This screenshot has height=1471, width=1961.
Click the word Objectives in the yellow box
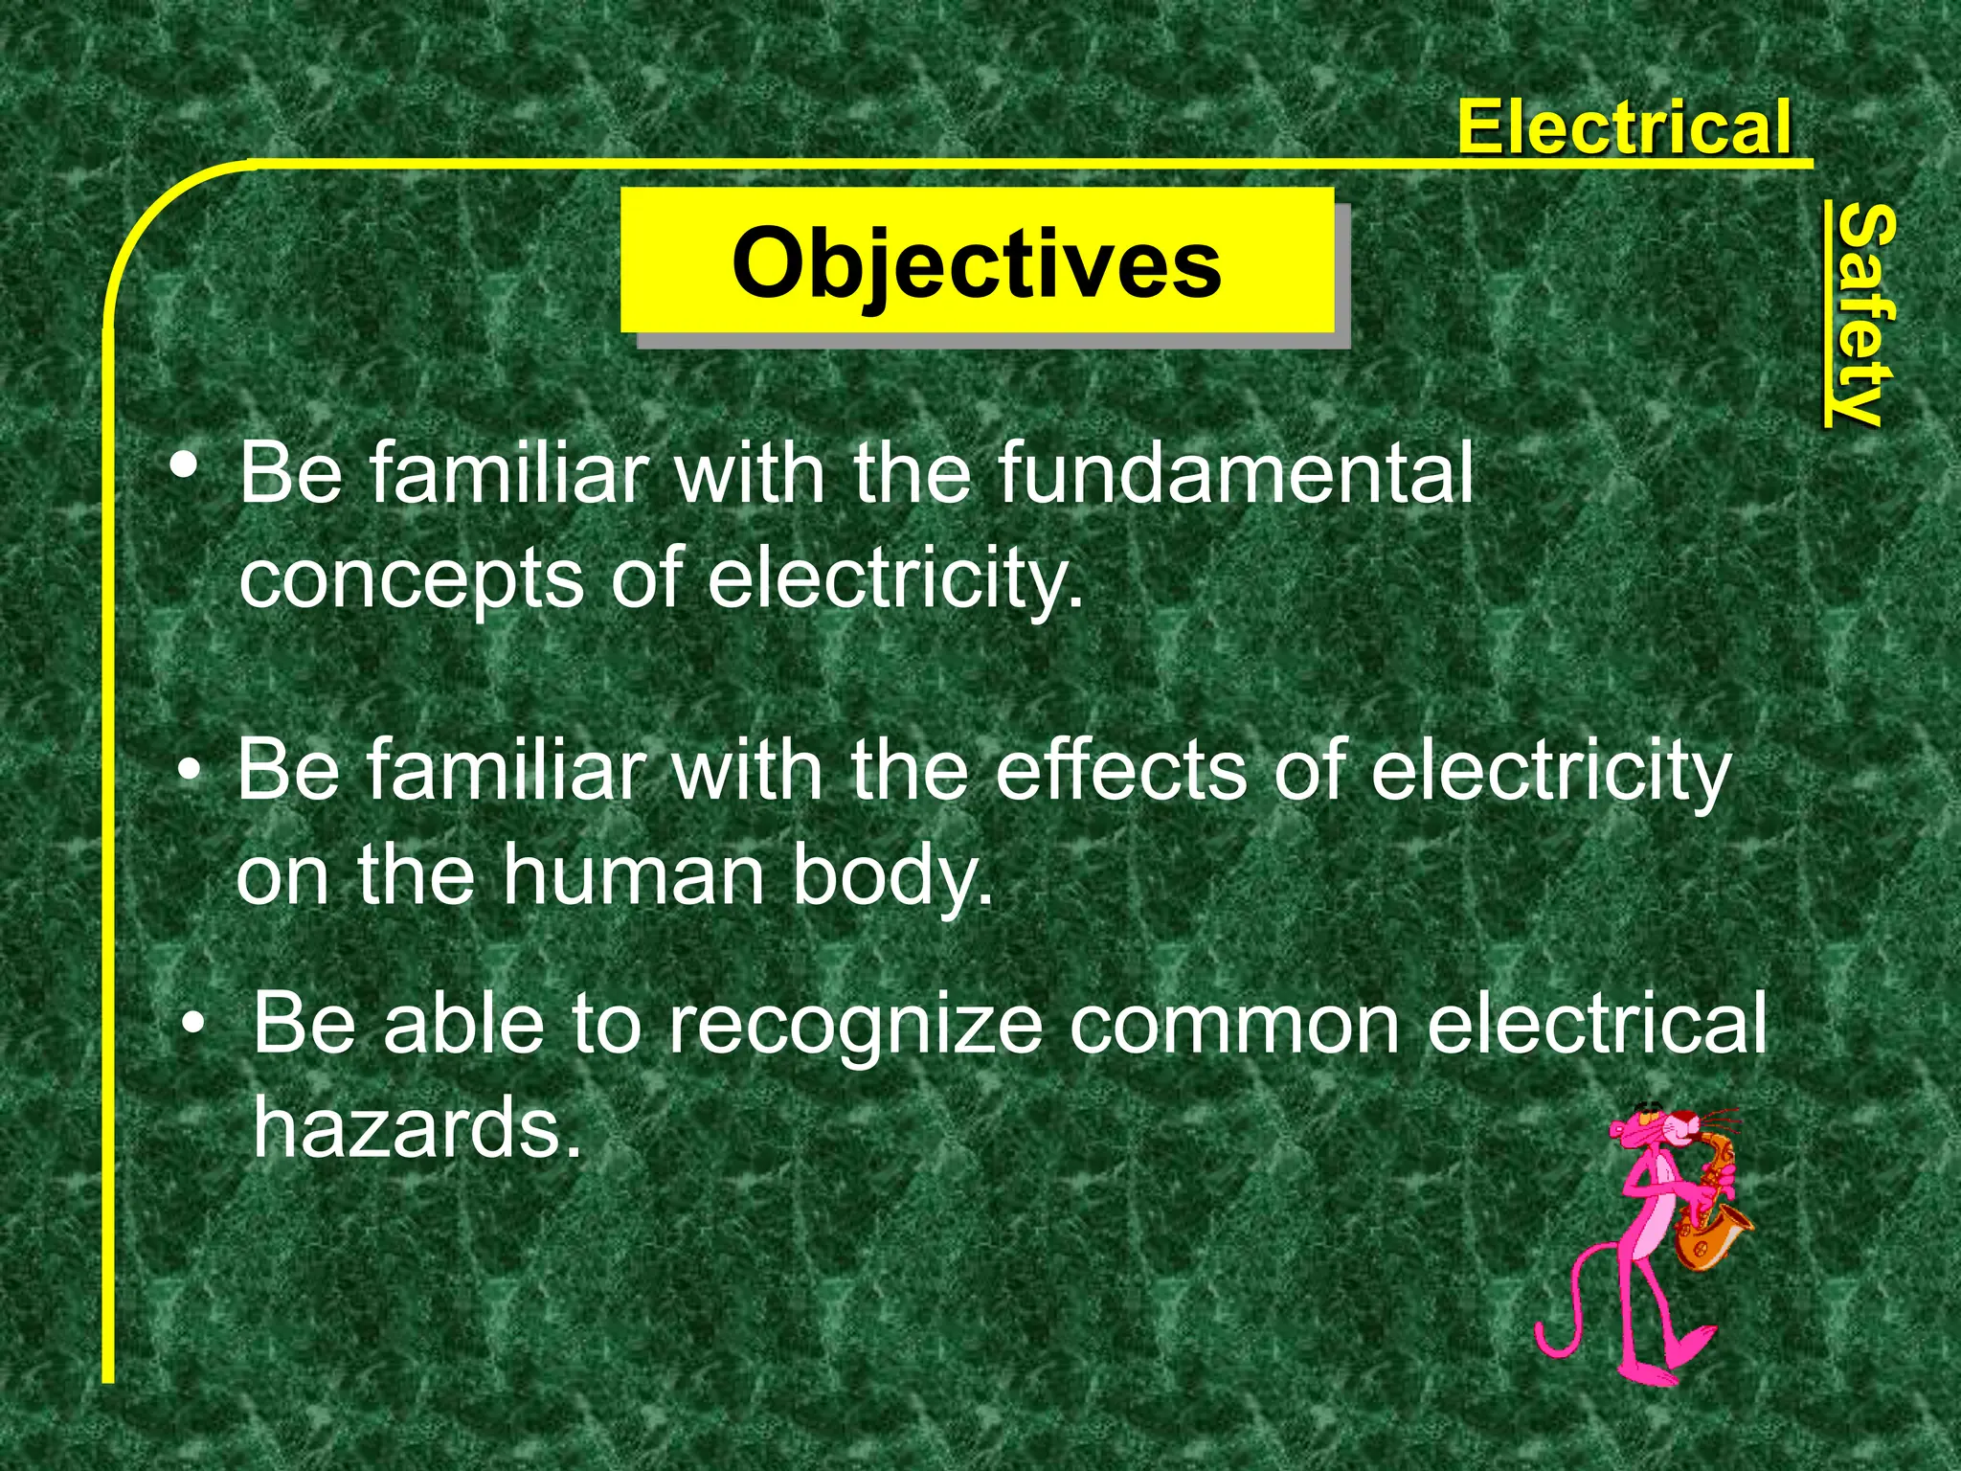(x=977, y=263)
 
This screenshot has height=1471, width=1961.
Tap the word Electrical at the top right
(x=1623, y=127)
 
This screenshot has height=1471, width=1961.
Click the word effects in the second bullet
(x=1121, y=771)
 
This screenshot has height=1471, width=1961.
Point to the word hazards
(x=417, y=1128)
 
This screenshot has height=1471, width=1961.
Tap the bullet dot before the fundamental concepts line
(x=184, y=466)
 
